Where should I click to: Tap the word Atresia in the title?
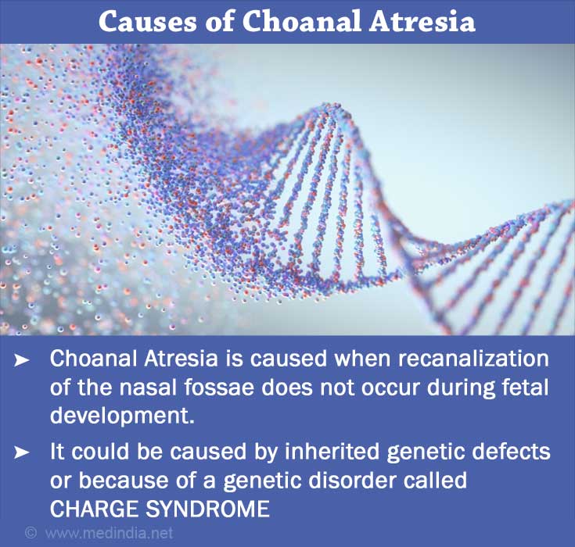point(422,21)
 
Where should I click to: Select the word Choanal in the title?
point(300,21)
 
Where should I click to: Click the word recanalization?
point(473,358)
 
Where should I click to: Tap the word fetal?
point(527,387)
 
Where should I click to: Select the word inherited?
point(332,451)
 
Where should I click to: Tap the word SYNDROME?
point(208,509)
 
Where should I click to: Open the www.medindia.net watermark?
point(109,532)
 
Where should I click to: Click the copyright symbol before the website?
point(31,532)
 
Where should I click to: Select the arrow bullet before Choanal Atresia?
point(21,360)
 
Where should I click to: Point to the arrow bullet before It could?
point(21,453)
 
